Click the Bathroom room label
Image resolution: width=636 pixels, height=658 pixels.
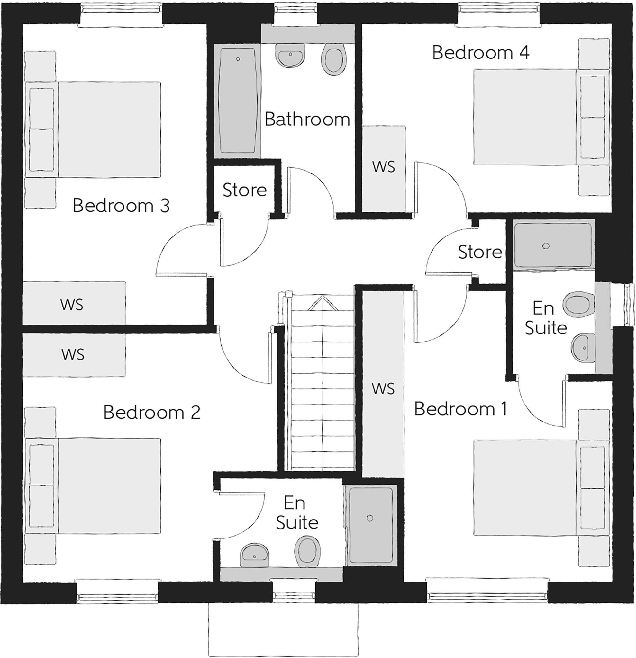click(x=307, y=119)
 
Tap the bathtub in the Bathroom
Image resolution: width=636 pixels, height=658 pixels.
click(x=238, y=101)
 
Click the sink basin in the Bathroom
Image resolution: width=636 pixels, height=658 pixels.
click(x=290, y=54)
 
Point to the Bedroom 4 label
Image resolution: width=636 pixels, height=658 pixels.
click(x=480, y=53)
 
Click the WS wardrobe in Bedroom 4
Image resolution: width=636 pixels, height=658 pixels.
click(x=383, y=168)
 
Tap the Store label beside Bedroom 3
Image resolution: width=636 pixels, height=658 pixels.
click(x=244, y=190)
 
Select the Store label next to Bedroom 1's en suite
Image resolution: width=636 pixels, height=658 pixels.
click(x=479, y=252)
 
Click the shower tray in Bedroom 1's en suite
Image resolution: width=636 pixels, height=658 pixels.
click(x=552, y=245)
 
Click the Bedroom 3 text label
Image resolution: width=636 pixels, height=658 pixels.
click(x=121, y=205)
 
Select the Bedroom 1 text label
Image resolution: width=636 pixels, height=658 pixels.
click(x=461, y=409)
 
